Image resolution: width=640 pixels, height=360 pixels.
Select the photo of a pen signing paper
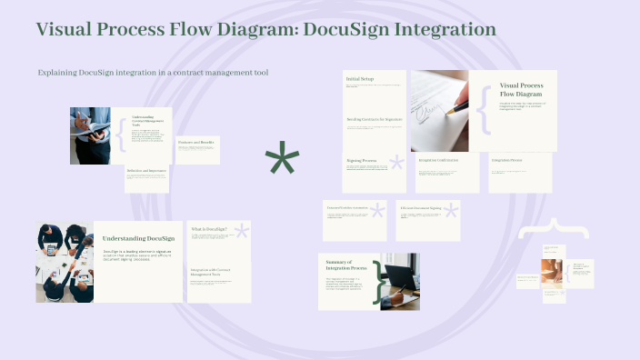click(x=439, y=111)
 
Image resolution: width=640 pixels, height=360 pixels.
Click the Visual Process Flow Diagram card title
click(x=521, y=89)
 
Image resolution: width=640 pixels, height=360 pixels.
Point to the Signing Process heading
click(x=361, y=160)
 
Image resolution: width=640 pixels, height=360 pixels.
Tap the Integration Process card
click(x=520, y=172)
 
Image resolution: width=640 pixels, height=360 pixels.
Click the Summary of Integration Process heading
click(x=345, y=265)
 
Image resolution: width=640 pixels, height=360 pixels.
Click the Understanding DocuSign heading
click(x=138, y=237)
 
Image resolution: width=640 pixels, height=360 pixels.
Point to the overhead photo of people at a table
click(x=65, y=262)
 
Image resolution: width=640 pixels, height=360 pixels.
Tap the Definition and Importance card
click(x=147, y=178)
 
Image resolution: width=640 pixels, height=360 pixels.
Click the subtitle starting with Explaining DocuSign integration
click(x=153, y=72)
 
